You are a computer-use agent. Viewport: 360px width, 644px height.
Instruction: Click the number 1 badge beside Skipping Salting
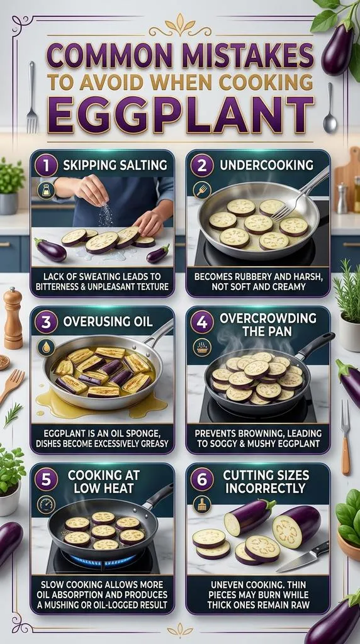[x=45, y=165]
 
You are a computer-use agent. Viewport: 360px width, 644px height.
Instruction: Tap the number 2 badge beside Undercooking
[x=201, y=165]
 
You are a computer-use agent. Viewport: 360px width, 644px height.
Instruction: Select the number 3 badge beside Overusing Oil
[x=45, y=322]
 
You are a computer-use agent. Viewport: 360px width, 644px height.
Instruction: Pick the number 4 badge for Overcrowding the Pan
[x=201, y=322]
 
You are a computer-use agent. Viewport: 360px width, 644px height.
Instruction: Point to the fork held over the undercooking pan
[x=299, y=196]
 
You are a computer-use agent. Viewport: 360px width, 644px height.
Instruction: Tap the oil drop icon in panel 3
[x=46, y=347]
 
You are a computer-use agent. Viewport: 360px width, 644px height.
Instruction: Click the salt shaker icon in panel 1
[x=46, y=191]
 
